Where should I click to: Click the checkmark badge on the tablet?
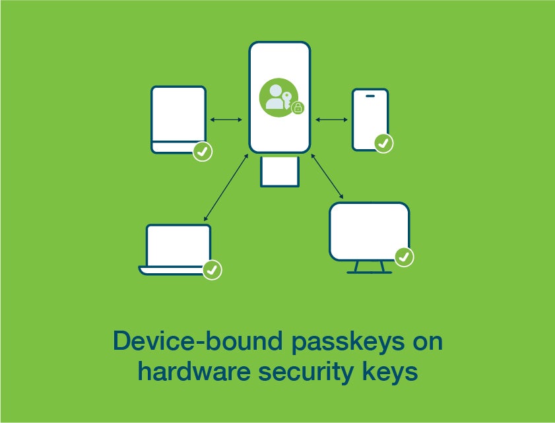point(203,152)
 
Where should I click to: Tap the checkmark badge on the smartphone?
point(383,143)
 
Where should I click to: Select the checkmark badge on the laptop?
point(212,270)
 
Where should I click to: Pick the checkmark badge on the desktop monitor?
point(405,257)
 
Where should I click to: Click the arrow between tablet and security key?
point(226,119)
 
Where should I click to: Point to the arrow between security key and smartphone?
point(331,119)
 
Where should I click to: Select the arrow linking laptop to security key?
point(226,187)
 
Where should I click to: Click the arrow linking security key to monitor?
point(327,176)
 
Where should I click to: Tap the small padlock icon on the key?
point(298,108)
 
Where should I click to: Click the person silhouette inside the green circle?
point(275,97)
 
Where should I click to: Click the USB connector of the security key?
point(280,172)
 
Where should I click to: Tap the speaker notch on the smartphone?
point(370,96)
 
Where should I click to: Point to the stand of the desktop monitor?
point(369,267)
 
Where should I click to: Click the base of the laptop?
point(172,271)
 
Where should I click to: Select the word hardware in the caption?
point(194,371)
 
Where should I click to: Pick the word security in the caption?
point(306,372)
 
